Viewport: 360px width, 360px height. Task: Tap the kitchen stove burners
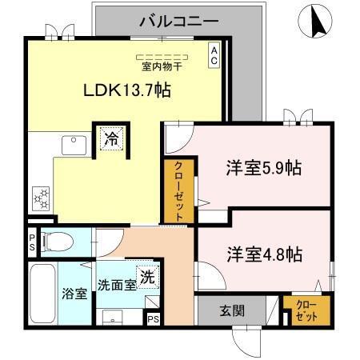[40, 196]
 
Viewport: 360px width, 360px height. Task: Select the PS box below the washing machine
[153, 318]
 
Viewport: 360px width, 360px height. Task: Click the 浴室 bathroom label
[74, 292]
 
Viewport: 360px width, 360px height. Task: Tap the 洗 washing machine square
[147, 276]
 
